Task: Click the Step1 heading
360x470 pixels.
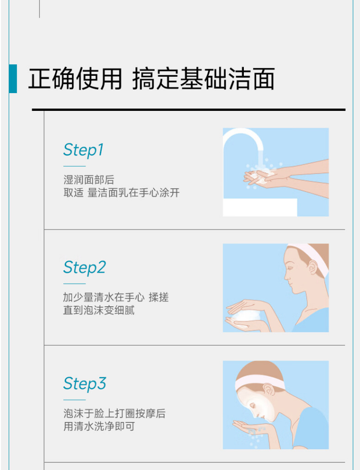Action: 84,150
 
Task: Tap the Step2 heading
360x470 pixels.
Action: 84,267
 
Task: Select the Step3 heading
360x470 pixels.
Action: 84,384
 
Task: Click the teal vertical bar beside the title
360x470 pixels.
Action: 13,79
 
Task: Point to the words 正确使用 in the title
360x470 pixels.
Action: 75,79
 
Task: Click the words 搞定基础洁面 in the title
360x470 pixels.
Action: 204,79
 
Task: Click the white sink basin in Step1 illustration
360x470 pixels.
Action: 260,207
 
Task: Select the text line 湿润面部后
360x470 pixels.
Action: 89,180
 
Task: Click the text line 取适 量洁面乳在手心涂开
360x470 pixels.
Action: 121,193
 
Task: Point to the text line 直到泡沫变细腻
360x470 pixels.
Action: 99,310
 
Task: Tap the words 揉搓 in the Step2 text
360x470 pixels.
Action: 159,297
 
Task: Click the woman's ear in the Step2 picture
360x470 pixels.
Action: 312,267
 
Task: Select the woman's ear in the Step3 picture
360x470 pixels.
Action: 269,390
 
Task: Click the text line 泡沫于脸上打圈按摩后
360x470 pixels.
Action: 115,414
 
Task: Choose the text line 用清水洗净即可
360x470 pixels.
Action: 99,426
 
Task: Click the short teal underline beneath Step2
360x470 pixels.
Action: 74,284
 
